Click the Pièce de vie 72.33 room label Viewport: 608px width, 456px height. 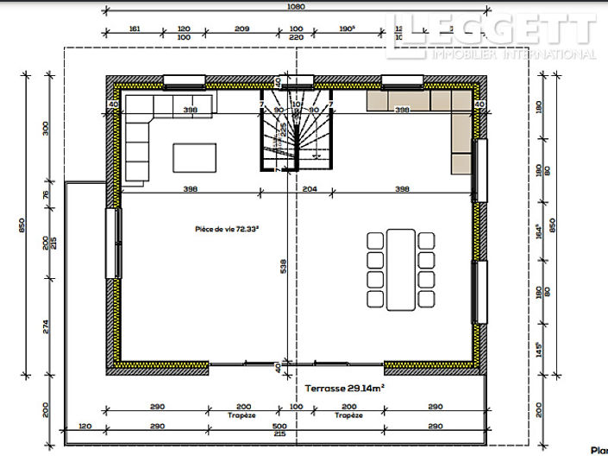click(228, 230)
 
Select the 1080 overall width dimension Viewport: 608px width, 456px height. click(297, 7)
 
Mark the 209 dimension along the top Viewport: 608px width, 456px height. click(242, 28)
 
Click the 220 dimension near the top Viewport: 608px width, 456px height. click(297, 38)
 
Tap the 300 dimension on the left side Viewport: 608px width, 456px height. click(46, 129)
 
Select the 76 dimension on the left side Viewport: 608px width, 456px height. click(46, 194)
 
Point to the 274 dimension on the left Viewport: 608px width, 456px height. click(46, 326)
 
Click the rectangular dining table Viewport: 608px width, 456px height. click(400, 269)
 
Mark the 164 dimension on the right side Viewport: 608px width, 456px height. click(540, 231)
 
